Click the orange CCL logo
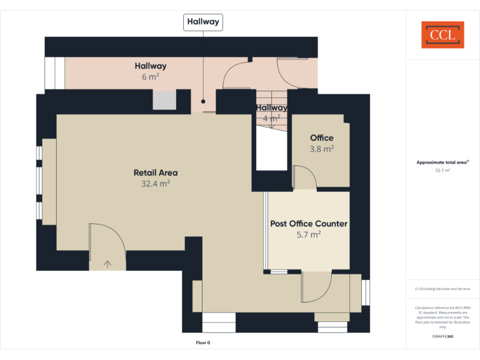click(x=442, y=34)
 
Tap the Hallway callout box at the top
click(x=202, y=22)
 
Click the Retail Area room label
click(x=156, y=172)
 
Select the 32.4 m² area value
click(x=156, y=184)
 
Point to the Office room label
click(x=322, y=137)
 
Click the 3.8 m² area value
click(x=322, y=149)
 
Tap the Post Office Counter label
click(x=309, y=223)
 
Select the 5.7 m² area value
click(x=309, y=234)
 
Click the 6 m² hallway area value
click(x=151, y=77)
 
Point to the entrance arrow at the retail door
click(x=107, y=264)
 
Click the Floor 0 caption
click(x=203, y=342)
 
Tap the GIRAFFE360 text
click(x=442, y=336)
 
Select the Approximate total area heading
click(x=442, y=162)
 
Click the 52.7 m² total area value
click(x=442, y=169)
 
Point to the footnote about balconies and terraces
click(x=442, y=289)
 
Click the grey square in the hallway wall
click(x=164, y=101)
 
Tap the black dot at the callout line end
click(x=203, y=100)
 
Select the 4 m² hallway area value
click(x=271, y=117)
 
